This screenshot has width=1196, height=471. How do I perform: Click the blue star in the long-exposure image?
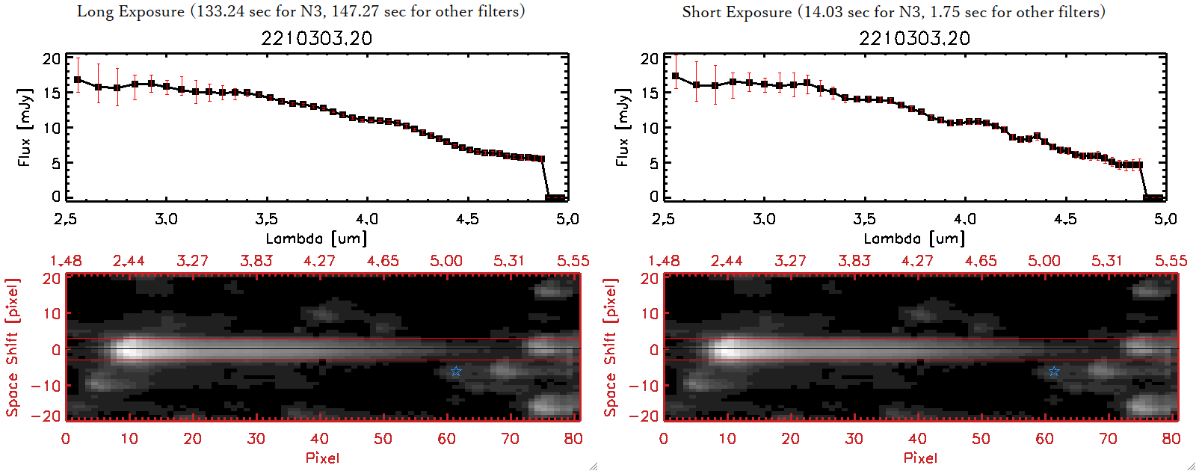pyautogui.click(x=456, y=372)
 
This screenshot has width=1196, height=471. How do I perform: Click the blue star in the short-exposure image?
pyautogui.click(x=1054, y=372)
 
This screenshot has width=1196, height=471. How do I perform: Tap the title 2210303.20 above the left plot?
pyautogui.click(x=316, y=39)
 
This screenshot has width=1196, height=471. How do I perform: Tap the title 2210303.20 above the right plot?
pyautogui.click(x=914, y=39)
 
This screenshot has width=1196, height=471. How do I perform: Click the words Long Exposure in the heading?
pyautogui.click(x=131, y=11)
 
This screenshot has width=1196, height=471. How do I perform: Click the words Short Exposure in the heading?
pyautogui.click(x=737, y=12)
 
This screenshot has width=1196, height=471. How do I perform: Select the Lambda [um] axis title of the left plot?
pyautogui.click(x=316, y=238)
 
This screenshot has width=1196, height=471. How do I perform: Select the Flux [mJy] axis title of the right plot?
pyautogui.click(x=623, y=127)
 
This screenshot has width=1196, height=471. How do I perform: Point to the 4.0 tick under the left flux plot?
pyautogui.click(x=366, y=219)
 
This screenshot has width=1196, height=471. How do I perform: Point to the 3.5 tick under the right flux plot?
pyautogui.click(x=864, y=219)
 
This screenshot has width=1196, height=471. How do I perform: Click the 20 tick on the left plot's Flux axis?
pyautogui.click(x=52, y=59)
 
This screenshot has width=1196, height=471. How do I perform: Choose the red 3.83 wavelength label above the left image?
pyautogui.click(x=256, y=261)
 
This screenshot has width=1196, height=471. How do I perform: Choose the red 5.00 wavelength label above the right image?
pyautogui.click(x=1044, y=261)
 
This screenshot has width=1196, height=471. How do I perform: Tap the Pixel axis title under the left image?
pyautogui.click(x=322, y=458)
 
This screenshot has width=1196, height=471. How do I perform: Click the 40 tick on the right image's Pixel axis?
pyautogui.click(x=917, y=439)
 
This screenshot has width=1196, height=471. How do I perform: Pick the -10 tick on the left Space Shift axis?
pyautogui.click(x=46, y=386)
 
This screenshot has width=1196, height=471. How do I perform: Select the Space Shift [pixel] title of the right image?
pyautogui.click(x=611, y=348)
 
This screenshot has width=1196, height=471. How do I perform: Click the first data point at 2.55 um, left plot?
pyautogui.click(x=77, y=80)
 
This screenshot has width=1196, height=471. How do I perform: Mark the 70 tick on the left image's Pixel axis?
pyautogui.click(x=510, y=439)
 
